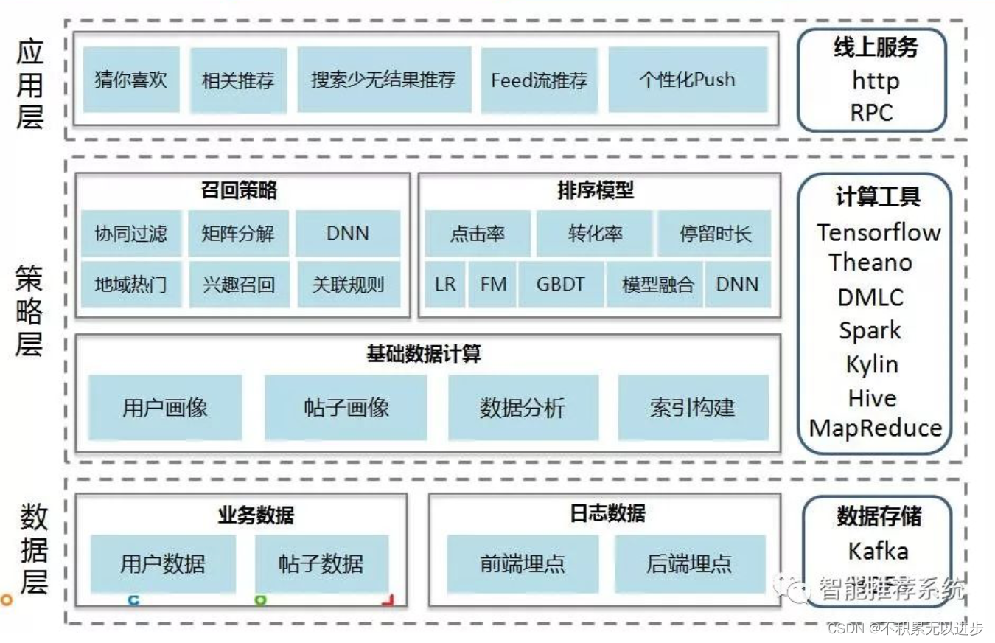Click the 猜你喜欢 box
(131, 80)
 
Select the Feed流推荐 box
(539, 80)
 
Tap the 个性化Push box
(687, 79)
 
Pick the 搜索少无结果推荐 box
(383, 80)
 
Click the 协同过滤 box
(131, 234)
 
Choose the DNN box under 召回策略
(348, 234)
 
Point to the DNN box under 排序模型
(737, 284)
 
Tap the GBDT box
(560, 284)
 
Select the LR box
(445, 284)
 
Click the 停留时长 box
(714, 234)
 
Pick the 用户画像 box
(165, 407)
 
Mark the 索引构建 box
(692, 407)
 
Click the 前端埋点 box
(523, 564)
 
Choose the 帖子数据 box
(321, 564)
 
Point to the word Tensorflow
(879, 232)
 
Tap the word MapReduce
(876, 428)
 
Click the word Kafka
(878, 551)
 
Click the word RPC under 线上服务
(871, 113)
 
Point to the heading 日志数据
(607, 513)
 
